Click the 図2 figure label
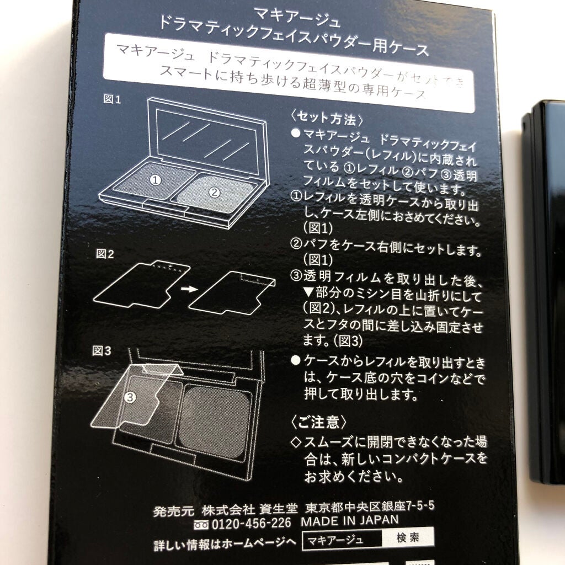pos(104,254)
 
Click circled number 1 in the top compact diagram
pos(156,179)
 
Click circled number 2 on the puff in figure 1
pos(215,193)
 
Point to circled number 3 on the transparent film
pos(129,396)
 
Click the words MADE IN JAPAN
pos(349,520)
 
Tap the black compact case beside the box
pos(544,276)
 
